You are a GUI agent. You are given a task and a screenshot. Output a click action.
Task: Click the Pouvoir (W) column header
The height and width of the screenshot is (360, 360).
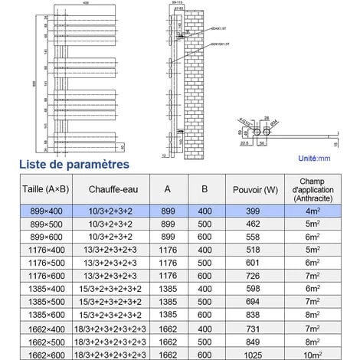tap(250, 190)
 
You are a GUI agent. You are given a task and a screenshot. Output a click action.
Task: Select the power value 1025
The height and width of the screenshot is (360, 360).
tap(250, 353)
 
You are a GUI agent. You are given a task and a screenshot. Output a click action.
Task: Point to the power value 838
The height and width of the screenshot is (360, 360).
tap(250, 315)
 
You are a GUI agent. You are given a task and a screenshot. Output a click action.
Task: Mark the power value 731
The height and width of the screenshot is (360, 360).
tap(250, 328)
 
